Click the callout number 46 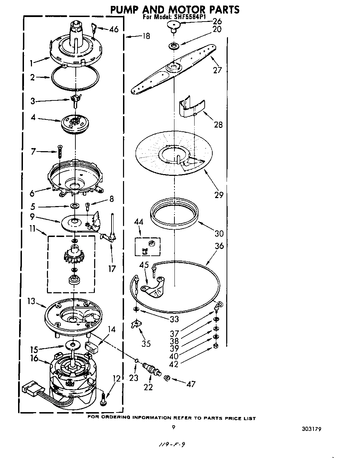pyautogui.click(x=114, y=30)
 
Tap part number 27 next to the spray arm pyautogui.click(x=217, y=70)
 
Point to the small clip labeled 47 pyautogui.click(x=167, y=378)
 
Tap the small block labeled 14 pyautogui.click(x=91, y=346)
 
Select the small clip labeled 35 pyautogui.click(x=136, y=324)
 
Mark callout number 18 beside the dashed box pyautogui.click(x=146, y=36)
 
